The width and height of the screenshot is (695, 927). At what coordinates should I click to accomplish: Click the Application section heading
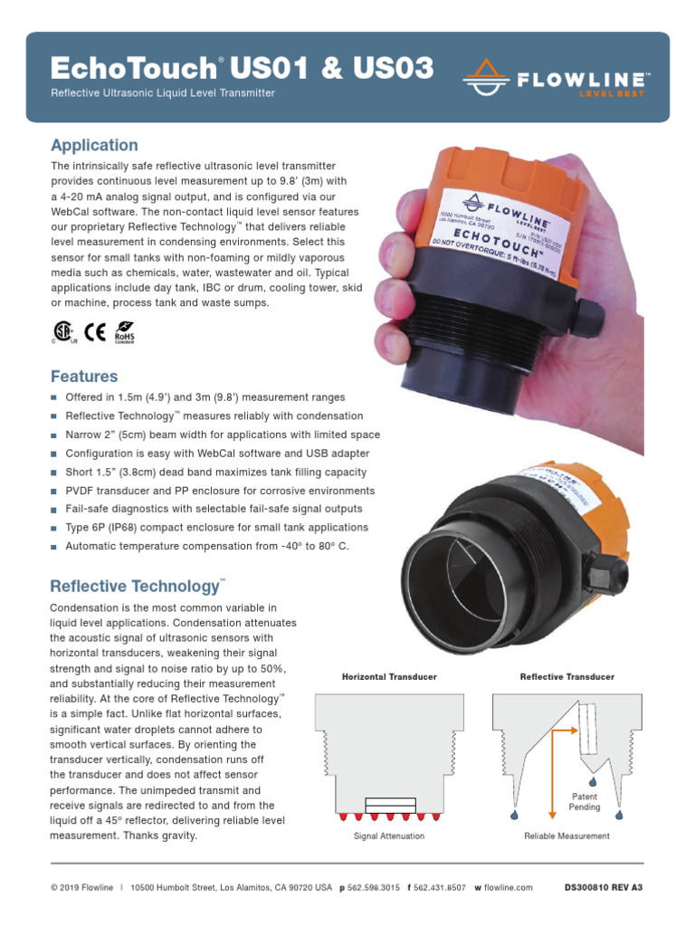(x=94, y=145)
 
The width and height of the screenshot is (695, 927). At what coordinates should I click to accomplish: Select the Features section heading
(x=84, y=376)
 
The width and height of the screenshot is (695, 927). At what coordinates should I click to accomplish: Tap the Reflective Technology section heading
(x=136, y=586)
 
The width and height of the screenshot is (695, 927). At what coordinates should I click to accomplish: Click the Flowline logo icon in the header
(x=485, y=79)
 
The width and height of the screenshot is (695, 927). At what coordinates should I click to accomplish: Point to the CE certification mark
(x=94, y=331)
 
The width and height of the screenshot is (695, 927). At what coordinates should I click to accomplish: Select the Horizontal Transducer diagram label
(x=388, y=677)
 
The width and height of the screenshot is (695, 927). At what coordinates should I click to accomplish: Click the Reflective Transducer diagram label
(x=566, y=677)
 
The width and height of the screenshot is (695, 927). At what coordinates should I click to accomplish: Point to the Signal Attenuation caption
(x=388, y=836)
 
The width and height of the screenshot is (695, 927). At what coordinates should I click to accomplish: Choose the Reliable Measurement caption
(x=566, y=836)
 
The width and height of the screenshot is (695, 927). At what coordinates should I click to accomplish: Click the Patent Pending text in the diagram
(x=585, y=801)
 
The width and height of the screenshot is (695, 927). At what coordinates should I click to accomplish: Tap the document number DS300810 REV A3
(x=603, y=888)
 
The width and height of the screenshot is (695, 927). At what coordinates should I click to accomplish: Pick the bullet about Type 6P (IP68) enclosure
(x=216, y=527)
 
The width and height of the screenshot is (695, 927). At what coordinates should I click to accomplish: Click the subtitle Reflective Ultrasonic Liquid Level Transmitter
(x=163, y=93)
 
